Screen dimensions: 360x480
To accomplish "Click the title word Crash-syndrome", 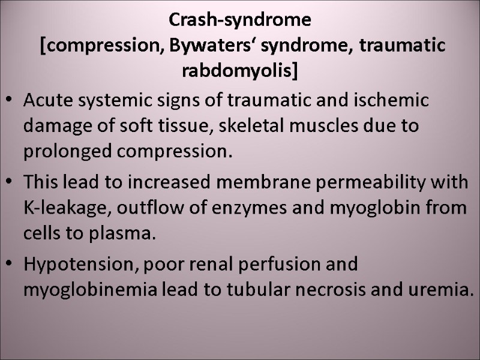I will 240,20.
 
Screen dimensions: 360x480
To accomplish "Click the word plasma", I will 122,234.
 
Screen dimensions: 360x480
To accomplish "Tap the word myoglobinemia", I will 91,290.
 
